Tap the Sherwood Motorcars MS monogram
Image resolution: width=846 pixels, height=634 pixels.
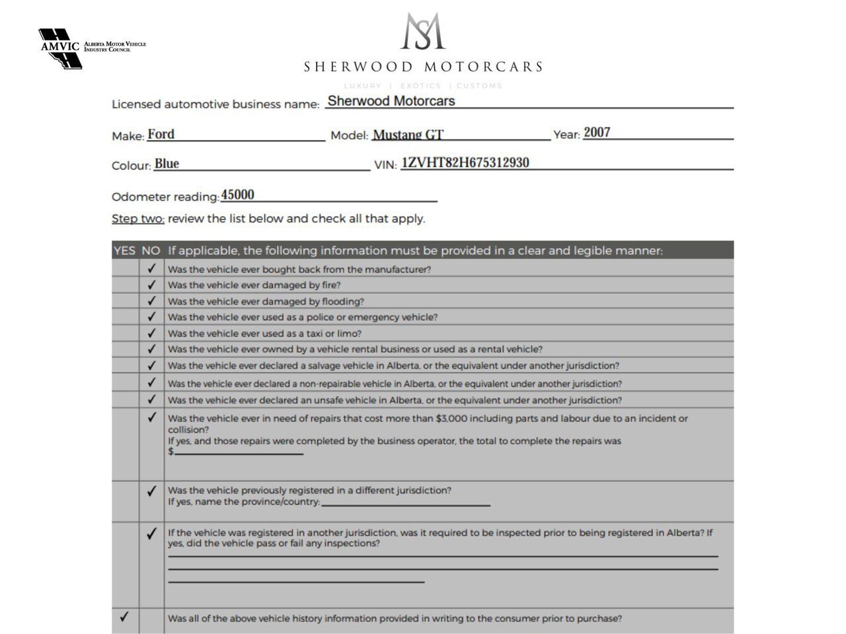pos(423,31)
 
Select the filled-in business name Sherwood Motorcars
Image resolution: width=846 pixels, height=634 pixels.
pos(391,101)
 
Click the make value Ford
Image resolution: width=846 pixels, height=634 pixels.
pos(161,134)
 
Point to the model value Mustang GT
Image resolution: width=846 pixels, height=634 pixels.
pos(408,135)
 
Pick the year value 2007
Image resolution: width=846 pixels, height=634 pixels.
pos(597,132)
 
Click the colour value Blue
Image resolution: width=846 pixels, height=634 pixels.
pos(167,164)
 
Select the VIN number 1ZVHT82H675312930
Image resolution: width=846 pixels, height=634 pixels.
pos(465,162)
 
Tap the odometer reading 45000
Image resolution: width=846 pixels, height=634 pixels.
pos(237,195)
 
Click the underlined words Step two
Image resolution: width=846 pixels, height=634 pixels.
pos(137,219)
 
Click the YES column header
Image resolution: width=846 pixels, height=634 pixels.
pos(124,250)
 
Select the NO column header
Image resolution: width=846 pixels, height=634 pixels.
pos(151,250)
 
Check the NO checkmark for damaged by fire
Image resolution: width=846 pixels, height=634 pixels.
pos(151,285)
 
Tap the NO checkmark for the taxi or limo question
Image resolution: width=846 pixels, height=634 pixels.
pos(151,333)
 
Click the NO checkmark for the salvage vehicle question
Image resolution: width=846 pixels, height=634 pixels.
pos(151,365)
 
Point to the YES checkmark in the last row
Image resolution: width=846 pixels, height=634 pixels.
pos(124,617)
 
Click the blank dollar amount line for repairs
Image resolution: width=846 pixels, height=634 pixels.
pos(239,452)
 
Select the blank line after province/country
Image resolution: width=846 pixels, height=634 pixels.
pos(406,503)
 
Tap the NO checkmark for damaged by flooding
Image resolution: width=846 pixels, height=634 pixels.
pos(151,300)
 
